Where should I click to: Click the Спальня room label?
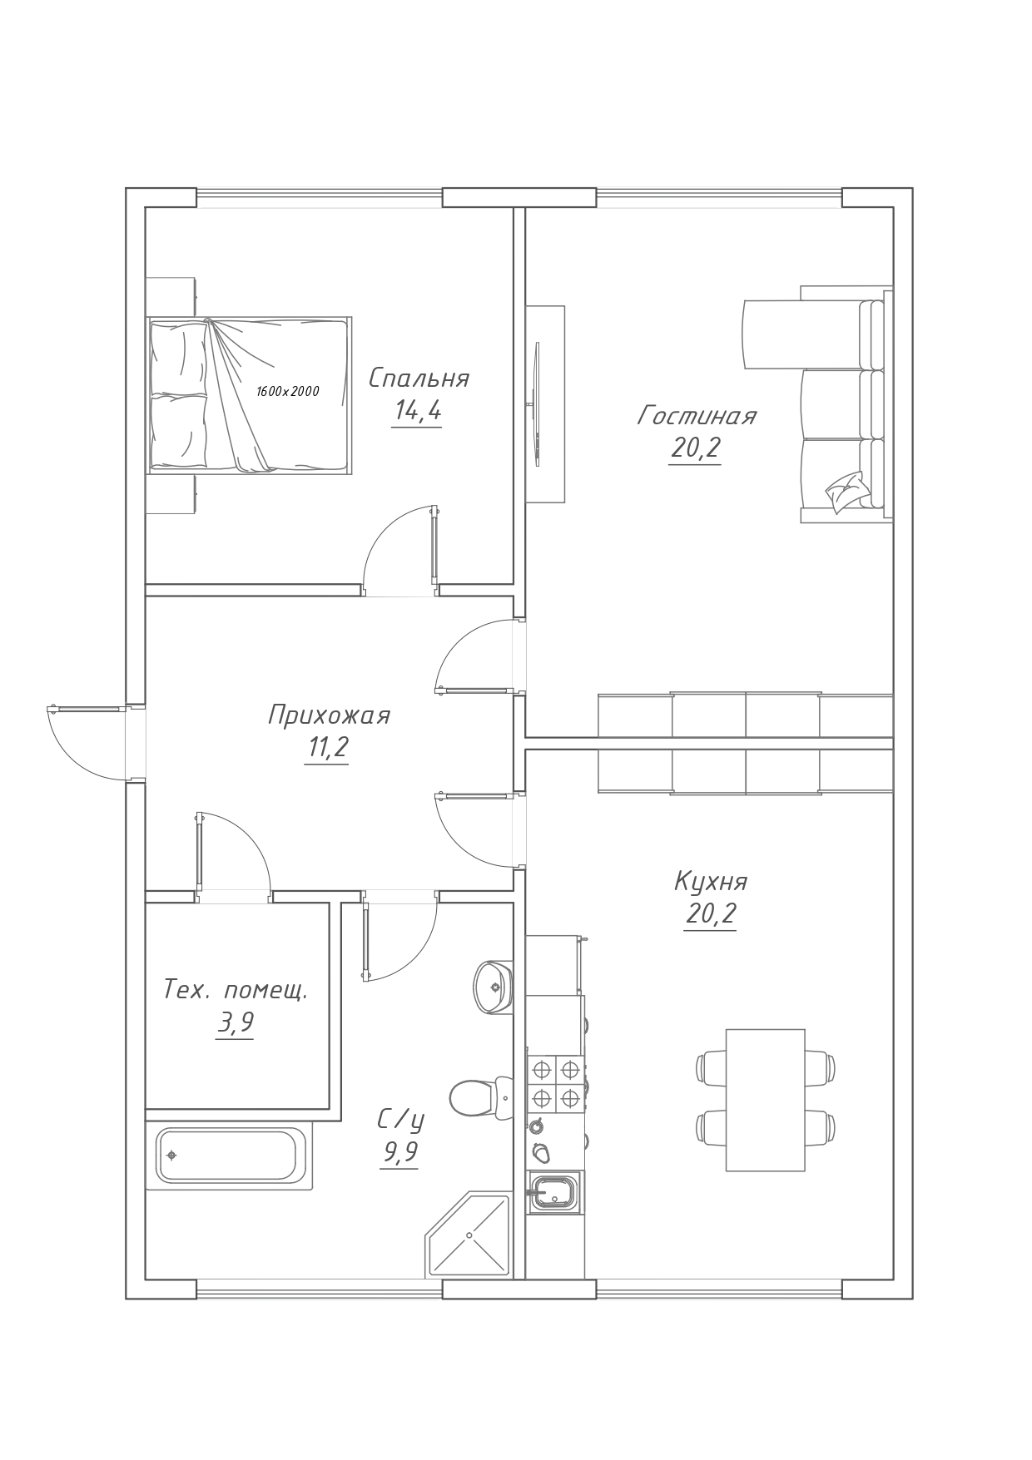[419, 379]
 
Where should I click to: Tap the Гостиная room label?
[697, 415]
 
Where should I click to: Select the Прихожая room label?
[329, 715]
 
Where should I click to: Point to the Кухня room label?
[711, 881]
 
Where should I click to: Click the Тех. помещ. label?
[236, 990]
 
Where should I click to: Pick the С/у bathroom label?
[400, 1120]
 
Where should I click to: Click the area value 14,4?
[417, 411]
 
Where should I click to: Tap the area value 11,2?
[327, 748]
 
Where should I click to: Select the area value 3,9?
[236, 1022]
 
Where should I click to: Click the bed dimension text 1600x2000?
[288, 391]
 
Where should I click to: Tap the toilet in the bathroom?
[481, 1097]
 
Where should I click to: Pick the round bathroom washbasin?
[494, 987]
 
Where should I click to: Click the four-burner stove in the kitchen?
[555, 1083]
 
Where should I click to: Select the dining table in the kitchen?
[766, 1100]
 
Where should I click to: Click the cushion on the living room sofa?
[847, 490]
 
